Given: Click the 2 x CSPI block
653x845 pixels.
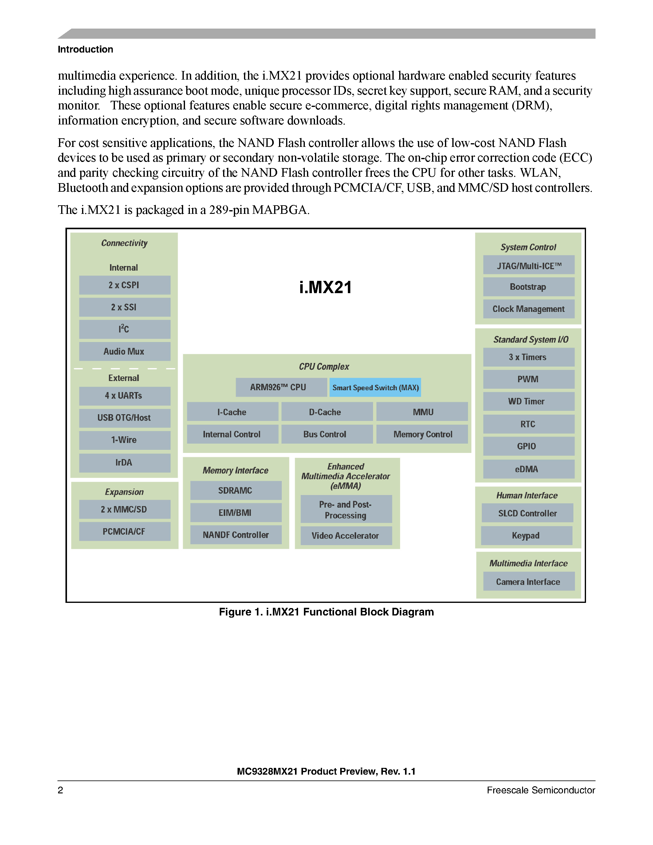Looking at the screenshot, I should [124, 285].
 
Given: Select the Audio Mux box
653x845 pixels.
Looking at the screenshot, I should [124, 351].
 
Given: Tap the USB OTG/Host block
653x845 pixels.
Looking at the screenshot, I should [124, 418].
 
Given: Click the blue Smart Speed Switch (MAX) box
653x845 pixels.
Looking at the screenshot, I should [375, 387].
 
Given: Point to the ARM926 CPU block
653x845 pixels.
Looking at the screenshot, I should [281, 387].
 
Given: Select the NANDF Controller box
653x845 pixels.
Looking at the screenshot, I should [236, 535].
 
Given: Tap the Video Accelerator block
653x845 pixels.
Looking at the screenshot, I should [346, 536].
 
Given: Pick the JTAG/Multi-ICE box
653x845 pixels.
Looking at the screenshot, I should [529, 265].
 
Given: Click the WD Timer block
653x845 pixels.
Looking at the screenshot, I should [529, 402].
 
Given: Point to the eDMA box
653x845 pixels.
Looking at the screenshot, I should [529, 469].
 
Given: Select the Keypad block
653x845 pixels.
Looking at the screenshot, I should [526, 536].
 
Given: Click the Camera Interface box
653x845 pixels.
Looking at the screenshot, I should [529, 582].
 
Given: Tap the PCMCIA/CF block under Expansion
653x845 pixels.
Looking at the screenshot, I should [124, 532].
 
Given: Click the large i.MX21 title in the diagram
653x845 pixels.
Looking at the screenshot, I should [325, 288].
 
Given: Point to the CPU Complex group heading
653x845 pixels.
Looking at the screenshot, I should [324, 366].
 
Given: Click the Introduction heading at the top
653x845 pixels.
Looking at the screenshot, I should [85, 49].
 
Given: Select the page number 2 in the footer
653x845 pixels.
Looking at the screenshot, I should [60, 790].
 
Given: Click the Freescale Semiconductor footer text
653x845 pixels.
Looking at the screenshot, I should [541, 790].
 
